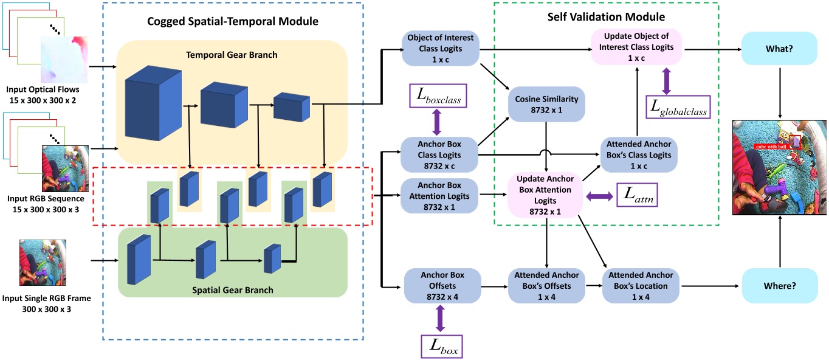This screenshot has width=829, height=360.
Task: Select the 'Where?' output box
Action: coord(780,285)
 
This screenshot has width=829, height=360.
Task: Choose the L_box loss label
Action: coord(441,346)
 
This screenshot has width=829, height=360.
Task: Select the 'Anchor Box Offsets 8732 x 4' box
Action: coord(442,286)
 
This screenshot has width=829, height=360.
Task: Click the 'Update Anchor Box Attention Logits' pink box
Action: coord(546,195)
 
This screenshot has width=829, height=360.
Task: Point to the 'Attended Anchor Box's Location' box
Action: coord(640,286)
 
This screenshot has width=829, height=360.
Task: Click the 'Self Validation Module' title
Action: coord(606,17)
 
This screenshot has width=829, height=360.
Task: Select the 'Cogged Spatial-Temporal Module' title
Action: coord(233,22)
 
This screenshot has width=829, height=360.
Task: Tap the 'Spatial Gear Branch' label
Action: coord(233,290)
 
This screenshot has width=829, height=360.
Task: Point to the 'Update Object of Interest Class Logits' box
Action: coord(636,47)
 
